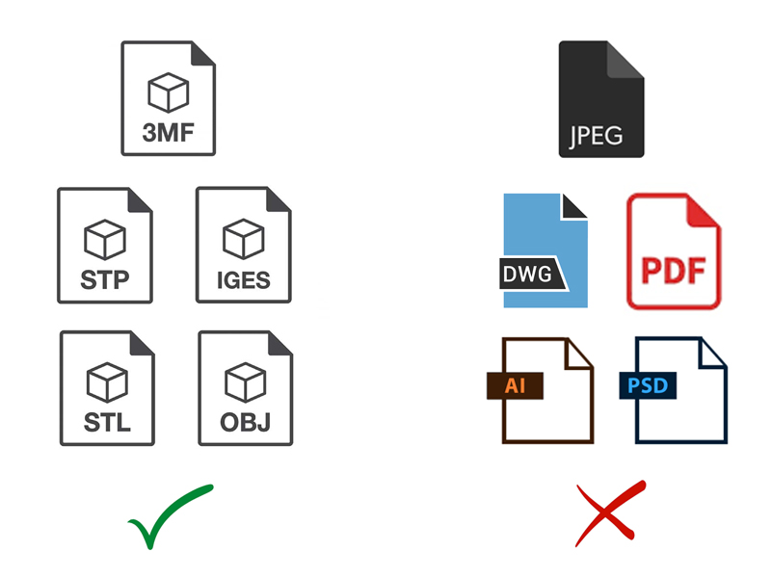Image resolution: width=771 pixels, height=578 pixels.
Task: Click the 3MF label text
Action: [168, 133]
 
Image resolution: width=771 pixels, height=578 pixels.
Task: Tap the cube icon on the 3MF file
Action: [168, 92]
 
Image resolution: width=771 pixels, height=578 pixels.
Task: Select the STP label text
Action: [105, 280]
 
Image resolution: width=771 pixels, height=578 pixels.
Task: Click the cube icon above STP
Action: [105, 239]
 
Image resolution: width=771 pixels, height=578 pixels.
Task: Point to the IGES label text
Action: [244, 280]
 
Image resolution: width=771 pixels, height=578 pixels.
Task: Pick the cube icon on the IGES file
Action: [244, 239]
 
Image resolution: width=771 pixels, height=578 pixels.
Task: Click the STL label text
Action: [107, 423]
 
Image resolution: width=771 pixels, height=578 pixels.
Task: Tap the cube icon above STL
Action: [107, 382]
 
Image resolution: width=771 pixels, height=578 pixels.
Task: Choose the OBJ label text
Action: [246, 423]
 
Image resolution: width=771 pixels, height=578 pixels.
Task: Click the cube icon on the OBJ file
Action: [246, 382]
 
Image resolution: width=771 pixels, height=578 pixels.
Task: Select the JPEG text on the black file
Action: [596, 136]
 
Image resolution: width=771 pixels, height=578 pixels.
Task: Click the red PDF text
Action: [674, 271]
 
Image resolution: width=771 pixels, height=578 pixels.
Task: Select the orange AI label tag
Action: [515, 386]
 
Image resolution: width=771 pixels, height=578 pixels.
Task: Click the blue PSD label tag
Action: [648, 386]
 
